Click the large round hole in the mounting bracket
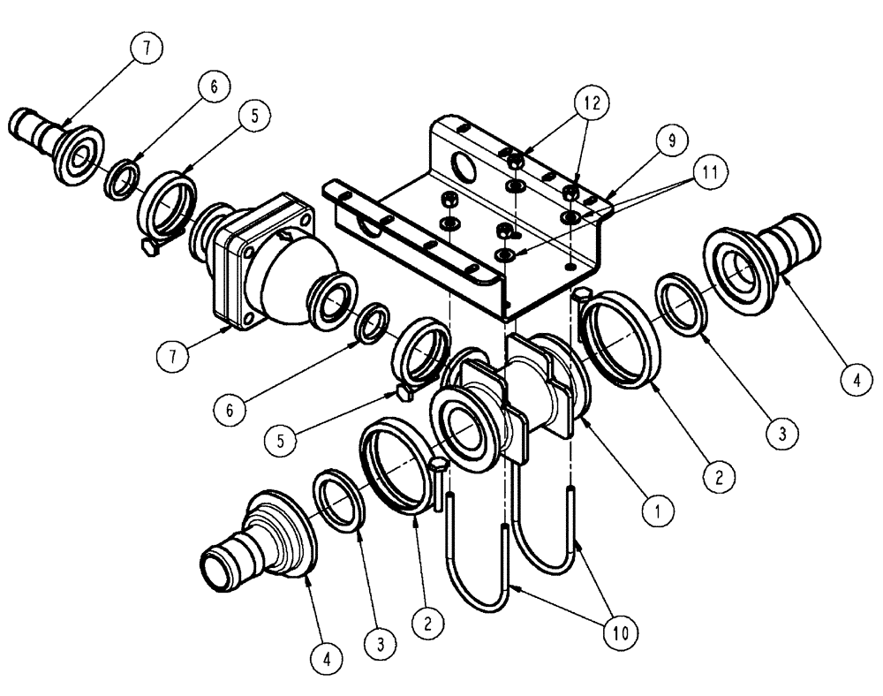(460, 164)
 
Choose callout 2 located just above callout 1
(719, 478)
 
